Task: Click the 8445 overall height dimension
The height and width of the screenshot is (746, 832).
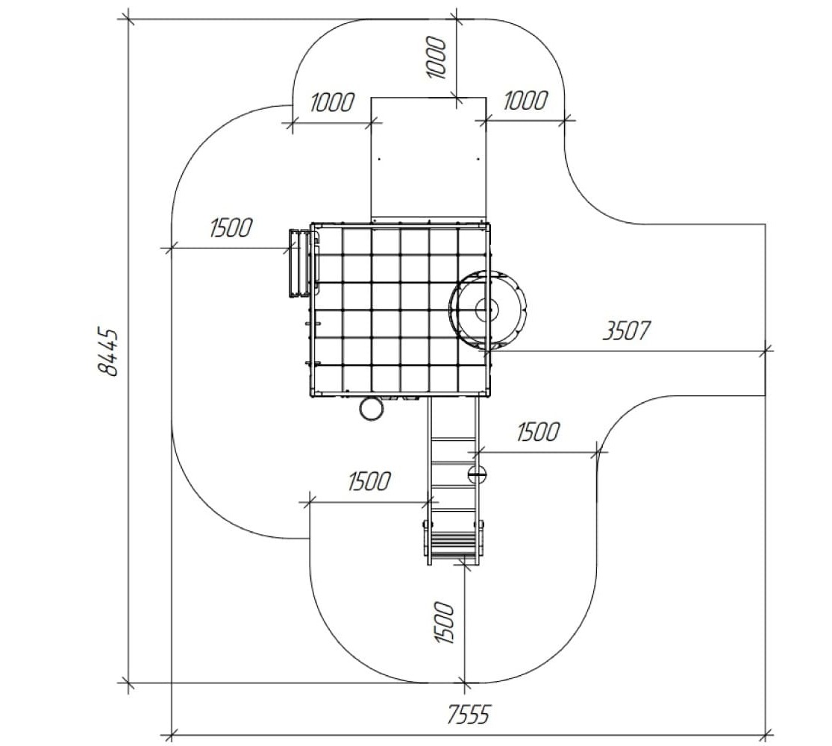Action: point(109,353)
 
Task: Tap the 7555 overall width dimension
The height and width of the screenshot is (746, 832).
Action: point(468,715)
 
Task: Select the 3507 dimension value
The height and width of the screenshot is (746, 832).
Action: point(626,330)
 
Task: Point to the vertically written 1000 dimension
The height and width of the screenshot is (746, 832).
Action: point(437,58)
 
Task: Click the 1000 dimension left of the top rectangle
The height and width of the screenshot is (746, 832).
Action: point(331,102)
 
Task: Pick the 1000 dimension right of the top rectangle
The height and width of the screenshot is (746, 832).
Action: point(525,101)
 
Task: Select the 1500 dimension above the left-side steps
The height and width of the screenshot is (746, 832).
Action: point(231,228)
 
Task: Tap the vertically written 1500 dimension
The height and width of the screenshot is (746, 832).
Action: point(445,623)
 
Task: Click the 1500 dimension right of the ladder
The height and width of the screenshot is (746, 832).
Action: point(538,432)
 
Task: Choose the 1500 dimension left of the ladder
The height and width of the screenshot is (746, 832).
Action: point(370,481)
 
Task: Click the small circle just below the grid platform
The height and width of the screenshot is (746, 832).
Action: point(372,408)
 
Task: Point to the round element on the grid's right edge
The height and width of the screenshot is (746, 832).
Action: point(487,310)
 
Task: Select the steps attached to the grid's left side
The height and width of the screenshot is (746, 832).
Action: point(301,263)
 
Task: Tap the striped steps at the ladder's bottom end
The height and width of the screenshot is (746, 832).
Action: point(454,542)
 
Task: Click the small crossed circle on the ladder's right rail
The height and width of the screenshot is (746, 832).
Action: point(477,472)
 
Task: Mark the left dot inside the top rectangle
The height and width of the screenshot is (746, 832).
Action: point(379,159)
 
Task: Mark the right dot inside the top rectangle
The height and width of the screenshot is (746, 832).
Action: point(478,159)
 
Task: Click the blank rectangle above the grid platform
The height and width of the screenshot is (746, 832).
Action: point(428,157)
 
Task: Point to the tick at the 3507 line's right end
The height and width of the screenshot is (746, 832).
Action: point(765,351)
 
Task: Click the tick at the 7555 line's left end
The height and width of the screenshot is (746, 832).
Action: point(172,736)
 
